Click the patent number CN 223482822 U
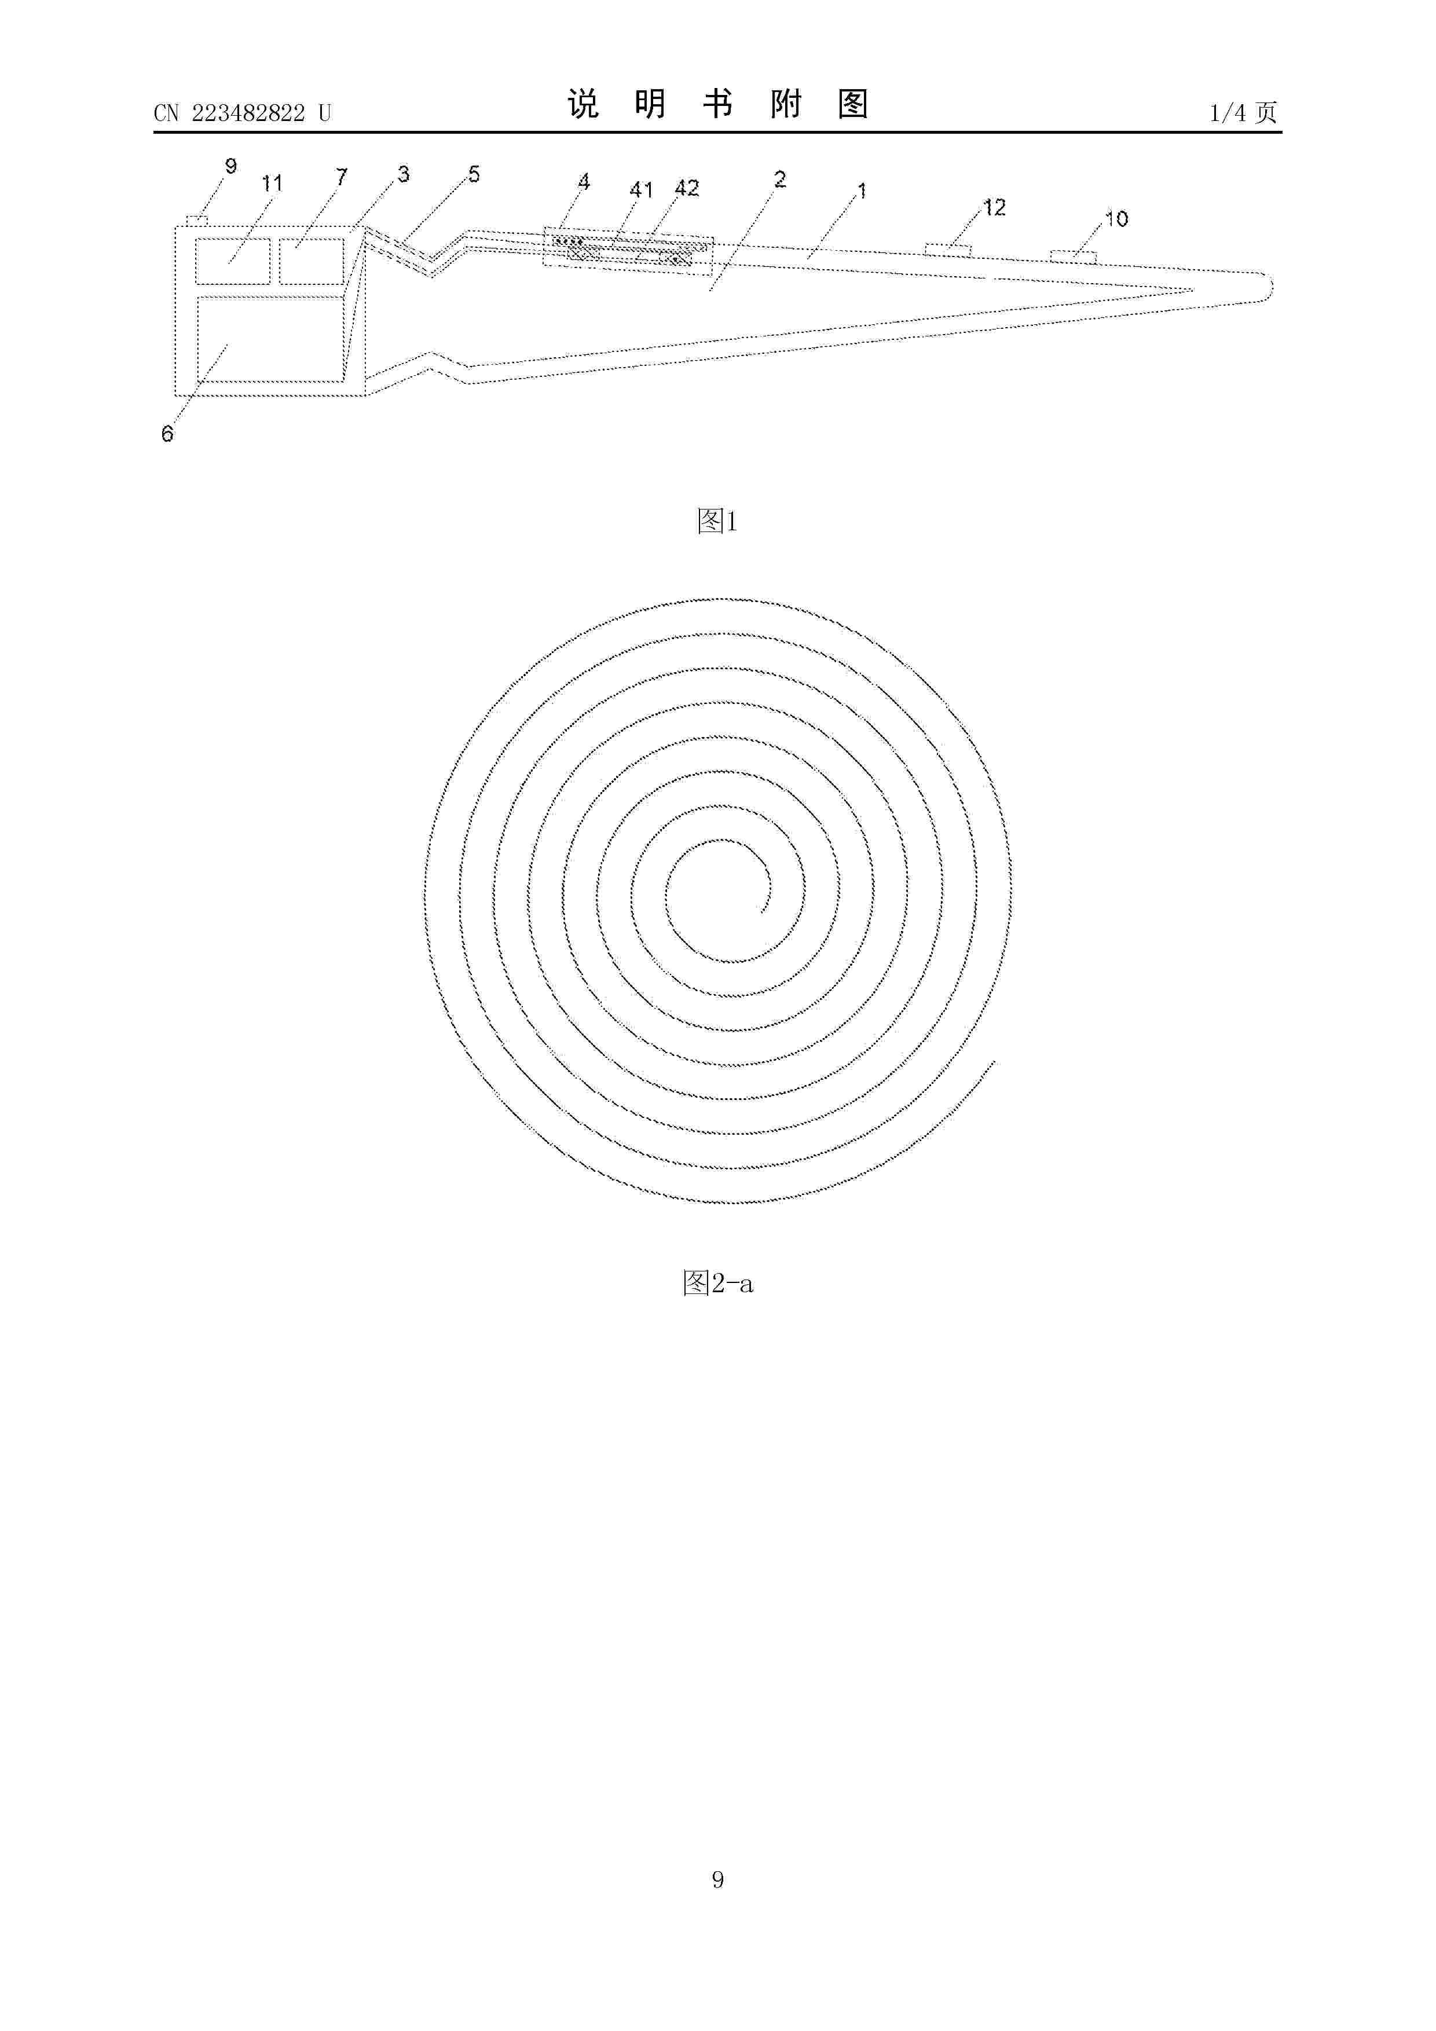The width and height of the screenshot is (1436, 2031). pyautogui.click(x=243, y=113)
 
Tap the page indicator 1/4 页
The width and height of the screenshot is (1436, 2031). pyautogui.click(x=1243, y=112)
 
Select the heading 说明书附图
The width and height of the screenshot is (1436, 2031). pyautogui.click(x=717, y=104)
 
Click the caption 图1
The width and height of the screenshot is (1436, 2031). pyautogui.click(x=717, y=521)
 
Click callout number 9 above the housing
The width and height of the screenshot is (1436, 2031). pyautogui.click(x=231, y=166)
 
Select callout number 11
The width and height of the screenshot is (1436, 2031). pyautogui.click(x=272, y=183)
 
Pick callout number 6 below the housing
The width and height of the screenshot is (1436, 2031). pyautogui.click(x=167, y=434)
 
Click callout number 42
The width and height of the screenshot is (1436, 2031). pyautogui.click(x=687, y=188)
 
